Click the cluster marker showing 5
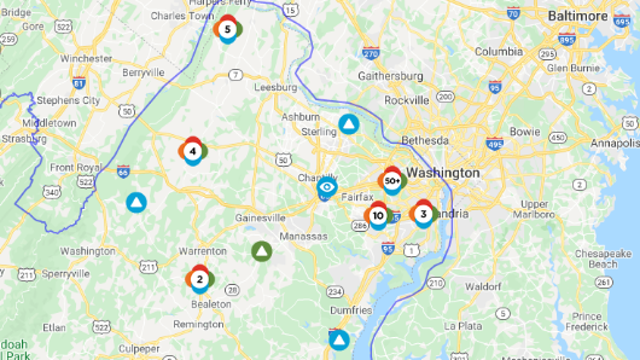(228, 30)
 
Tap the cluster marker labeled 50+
(391, 181)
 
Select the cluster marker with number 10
(378, 215)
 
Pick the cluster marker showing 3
(423, 213)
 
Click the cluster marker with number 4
(193, 151)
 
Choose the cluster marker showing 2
(199, 279)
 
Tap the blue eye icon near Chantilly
(326, 187)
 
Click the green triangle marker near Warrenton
(261, 251)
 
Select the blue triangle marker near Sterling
(348, 124)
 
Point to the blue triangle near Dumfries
(339, 339)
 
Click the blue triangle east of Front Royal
(135, 202)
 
